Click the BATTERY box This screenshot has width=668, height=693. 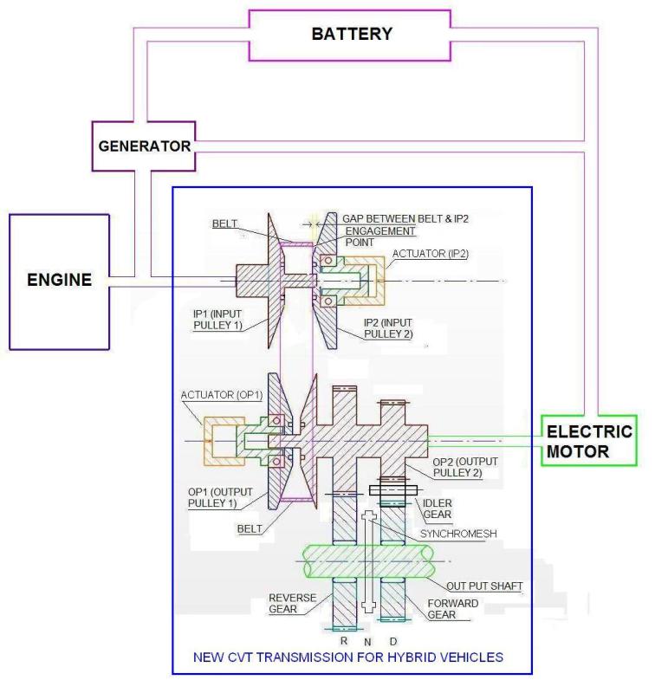coord(350,36)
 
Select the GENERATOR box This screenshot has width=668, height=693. coord(144,146)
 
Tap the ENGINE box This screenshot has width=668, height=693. coord(59,280)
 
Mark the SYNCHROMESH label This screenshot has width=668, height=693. coord(458,534)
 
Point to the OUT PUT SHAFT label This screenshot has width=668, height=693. coord(484,586)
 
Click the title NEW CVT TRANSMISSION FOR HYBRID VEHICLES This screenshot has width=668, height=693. coord(350,657)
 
